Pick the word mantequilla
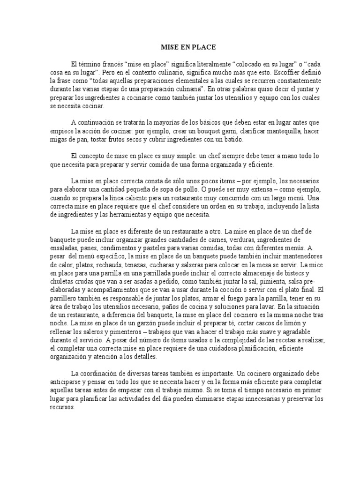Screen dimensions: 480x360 [x=286, y=131]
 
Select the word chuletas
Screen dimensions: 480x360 [x=63, y=282]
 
